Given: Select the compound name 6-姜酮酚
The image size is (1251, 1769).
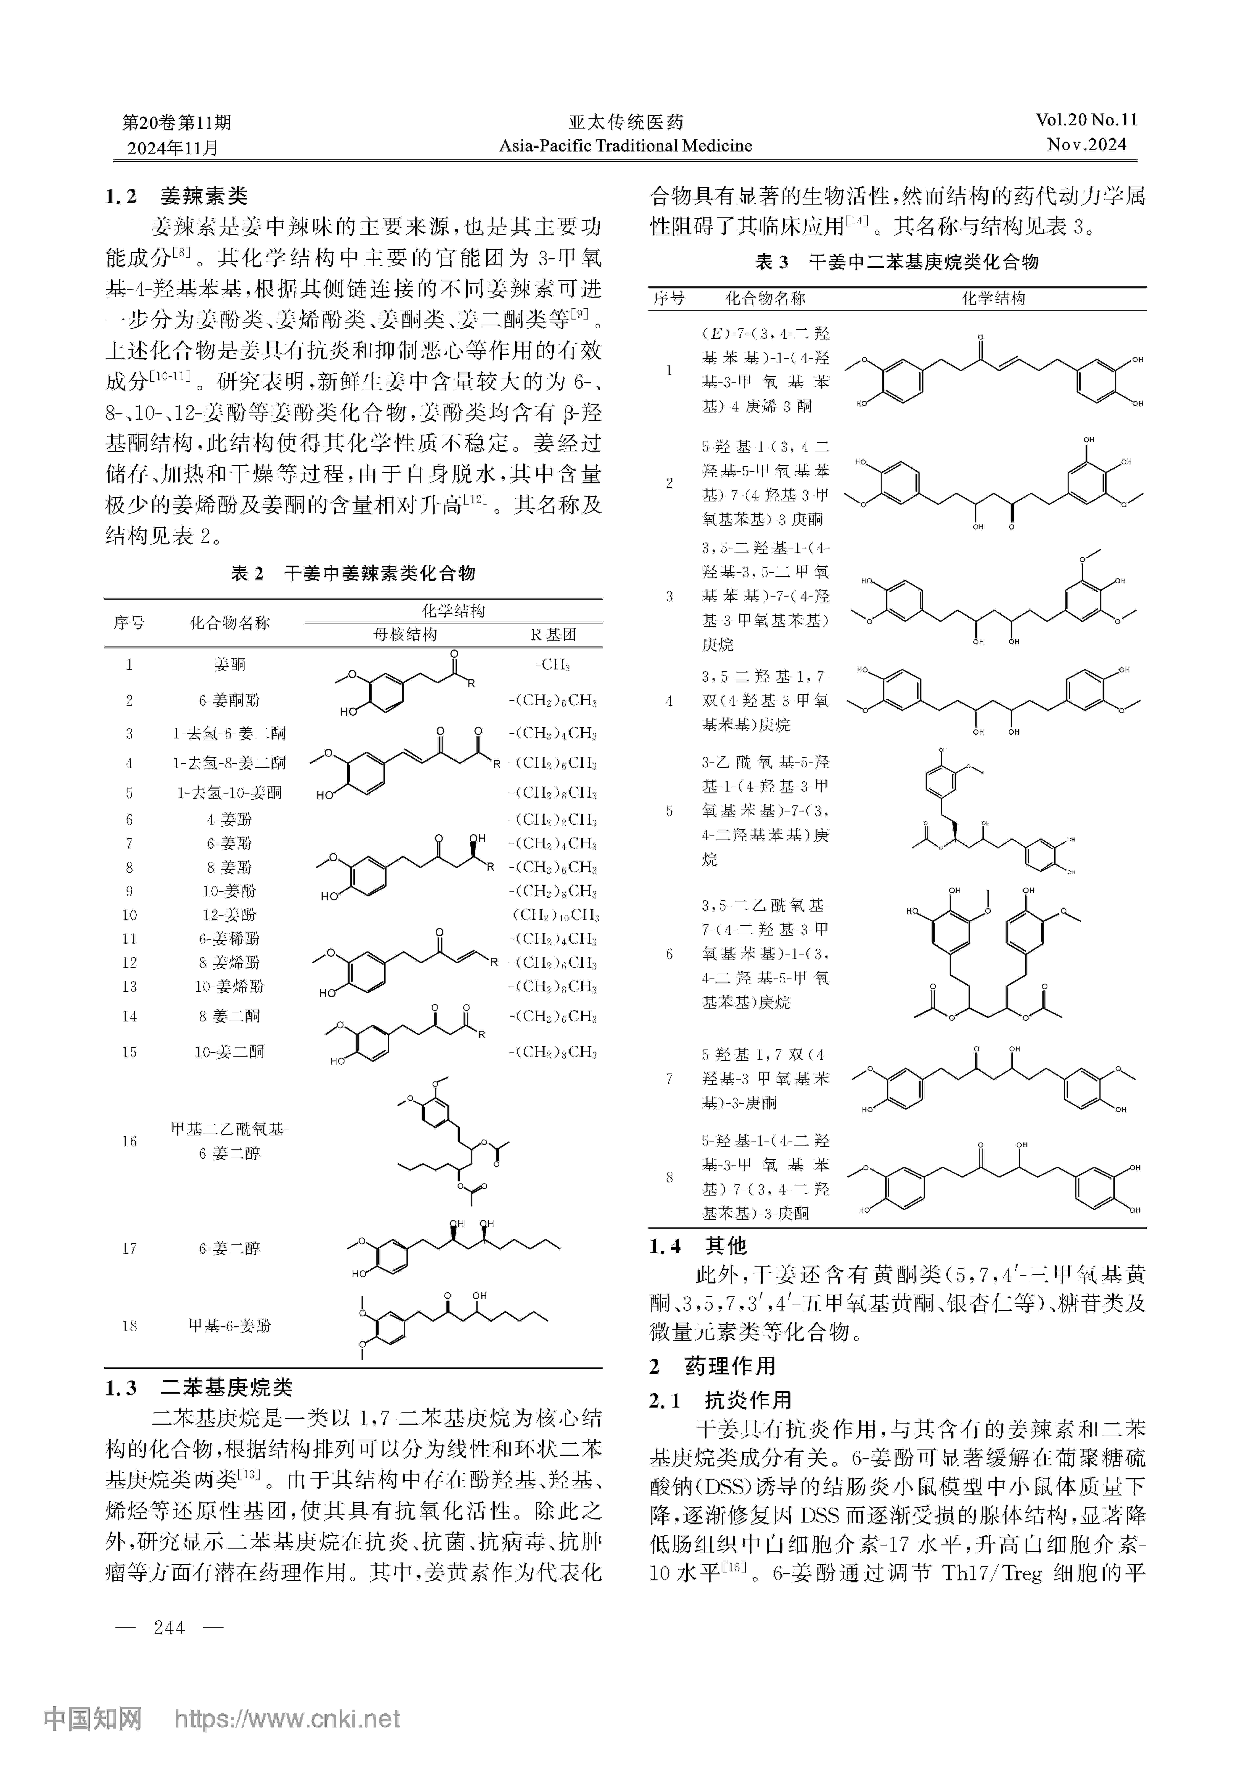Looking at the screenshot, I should click(230, 700).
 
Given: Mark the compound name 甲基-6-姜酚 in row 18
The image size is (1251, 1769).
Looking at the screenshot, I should click(230, 1326).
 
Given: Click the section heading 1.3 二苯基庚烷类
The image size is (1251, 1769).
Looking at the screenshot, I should click(199, 1388).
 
